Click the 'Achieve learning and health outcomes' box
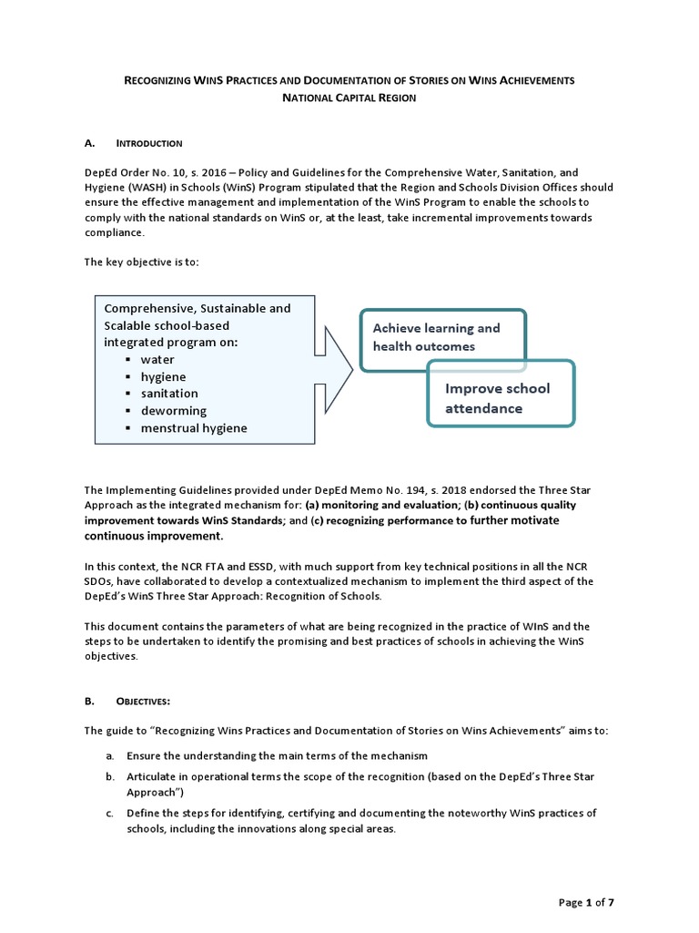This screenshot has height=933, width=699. pos(442,337)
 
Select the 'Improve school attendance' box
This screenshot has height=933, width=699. pos(501,398)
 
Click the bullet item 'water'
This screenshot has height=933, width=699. pos(157,360)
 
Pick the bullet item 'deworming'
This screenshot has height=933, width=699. pos(173,411)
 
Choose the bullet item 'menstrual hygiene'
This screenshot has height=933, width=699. pos(193,427)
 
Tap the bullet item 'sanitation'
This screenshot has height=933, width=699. pos(168,394)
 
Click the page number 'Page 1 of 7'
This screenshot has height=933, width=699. pos(586,902)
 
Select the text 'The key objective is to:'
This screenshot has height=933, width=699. pos(141,262)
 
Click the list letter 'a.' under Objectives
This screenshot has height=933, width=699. pos(108,756)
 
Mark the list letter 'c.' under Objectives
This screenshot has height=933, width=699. pos(108,813)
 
